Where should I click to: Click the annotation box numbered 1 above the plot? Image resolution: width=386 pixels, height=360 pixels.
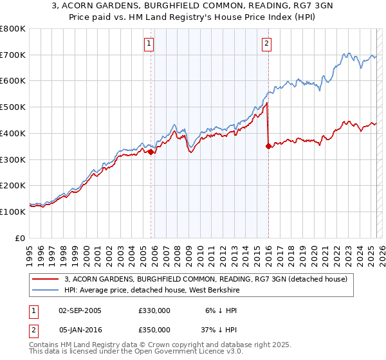point(149,44)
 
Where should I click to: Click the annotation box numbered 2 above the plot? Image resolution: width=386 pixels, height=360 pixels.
point(266,44)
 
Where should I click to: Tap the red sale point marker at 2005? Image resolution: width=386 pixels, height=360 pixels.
point(151,152)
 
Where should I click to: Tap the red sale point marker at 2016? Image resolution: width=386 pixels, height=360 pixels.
point(268,147)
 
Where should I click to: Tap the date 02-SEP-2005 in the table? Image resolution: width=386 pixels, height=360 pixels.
point(80,310)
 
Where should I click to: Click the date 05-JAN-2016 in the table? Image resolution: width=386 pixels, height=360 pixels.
point(80,329)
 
